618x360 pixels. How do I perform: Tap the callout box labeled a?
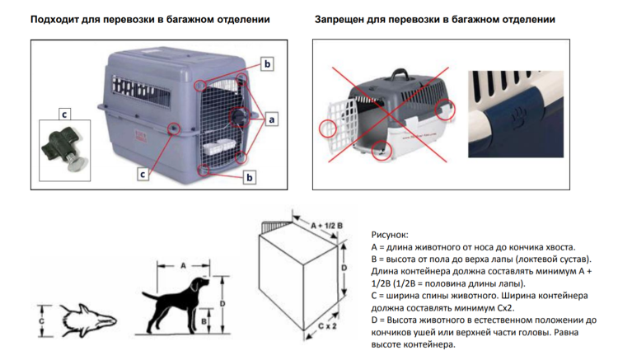click(x=270, y=119)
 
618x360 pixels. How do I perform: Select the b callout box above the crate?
click(x=266, y=63)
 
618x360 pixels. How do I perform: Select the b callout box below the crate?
click(x=250, y=175)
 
